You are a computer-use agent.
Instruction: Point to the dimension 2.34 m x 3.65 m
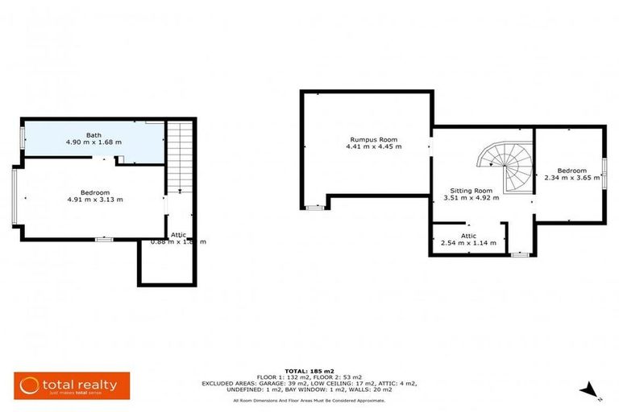tap(571, 178)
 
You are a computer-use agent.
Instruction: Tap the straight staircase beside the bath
tap(181, 157)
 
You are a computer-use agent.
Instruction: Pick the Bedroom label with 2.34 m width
tap(571, 170)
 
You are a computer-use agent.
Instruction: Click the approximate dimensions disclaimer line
tap(309, 400)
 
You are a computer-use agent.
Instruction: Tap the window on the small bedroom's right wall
tap(604, 173)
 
